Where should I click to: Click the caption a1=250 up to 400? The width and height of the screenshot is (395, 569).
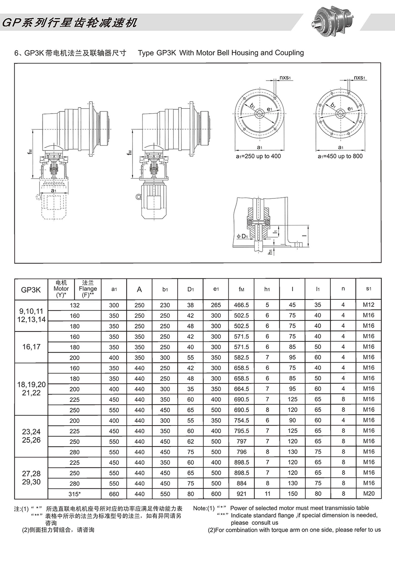click(x=258, y=156)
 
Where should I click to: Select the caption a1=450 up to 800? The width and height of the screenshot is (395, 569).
click(x=340, y=156)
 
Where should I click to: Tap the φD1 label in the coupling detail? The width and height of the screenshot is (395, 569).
click(x=243, y=236)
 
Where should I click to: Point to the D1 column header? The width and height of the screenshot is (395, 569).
click(x=190, y=289)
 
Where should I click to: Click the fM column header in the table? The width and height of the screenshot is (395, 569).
click(x=241, y=289)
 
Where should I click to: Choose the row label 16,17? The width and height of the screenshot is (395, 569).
click(x=31, y=347)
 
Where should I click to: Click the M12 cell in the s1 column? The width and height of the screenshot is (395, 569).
click(x=368, y=305)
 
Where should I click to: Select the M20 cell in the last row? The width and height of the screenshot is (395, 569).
click(x=368, y=494)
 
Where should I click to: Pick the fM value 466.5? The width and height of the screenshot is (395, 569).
click(x=241, y=305)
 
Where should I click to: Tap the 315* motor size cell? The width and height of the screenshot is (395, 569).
click(x=75, y=494)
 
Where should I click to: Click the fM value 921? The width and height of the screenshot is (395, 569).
click(x=241, y=494)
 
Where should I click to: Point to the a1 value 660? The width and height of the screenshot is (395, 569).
click(x=114, y=494)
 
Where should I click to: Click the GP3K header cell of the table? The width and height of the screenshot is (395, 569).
click(x=31, y=289)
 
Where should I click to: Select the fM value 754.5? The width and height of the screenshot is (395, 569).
click(x=241, y=420)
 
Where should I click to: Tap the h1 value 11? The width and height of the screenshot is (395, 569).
click(x=267, y=494)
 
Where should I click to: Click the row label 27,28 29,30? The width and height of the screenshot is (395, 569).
click(x=31, y=477)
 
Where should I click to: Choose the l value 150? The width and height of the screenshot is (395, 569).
click(x=293, y=494)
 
